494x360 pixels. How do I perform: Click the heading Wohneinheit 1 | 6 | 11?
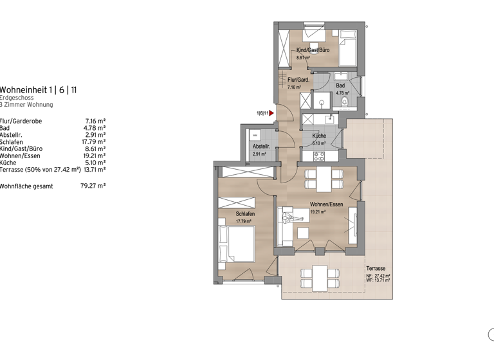(39, 90)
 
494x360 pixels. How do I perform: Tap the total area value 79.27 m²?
(93, 186)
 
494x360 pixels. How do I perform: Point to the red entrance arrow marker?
(271, 114)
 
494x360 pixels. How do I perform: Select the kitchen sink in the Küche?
(329, 118)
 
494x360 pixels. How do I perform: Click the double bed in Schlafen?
(237, 242)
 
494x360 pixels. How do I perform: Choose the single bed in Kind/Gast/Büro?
(347, 47)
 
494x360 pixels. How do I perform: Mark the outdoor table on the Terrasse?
(318, 278)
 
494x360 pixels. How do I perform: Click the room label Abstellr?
(261, 147)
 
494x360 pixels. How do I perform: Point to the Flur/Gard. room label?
(298, 80)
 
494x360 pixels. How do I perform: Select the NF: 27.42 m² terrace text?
(378, 276)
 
